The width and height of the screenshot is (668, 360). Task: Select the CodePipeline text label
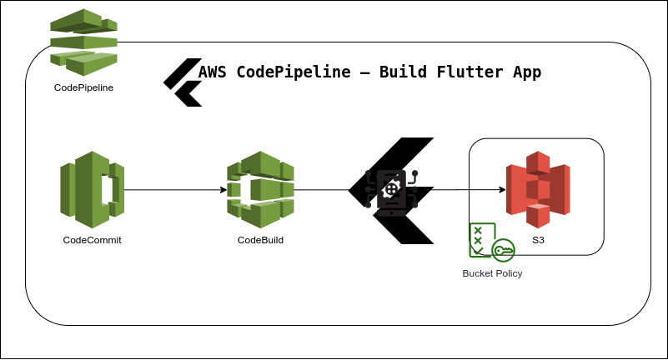[83, 87]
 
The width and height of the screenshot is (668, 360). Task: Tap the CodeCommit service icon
[92, 190]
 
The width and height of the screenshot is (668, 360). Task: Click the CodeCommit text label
[92, 240]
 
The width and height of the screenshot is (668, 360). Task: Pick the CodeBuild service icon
[260, 190]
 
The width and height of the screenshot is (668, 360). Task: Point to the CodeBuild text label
[260, 240]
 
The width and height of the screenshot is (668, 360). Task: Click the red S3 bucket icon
[538, 190]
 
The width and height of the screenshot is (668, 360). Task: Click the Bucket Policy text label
[492, 273]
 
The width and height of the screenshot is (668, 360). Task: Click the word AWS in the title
[213, 72]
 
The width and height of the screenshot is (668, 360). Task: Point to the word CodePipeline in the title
[293, 72]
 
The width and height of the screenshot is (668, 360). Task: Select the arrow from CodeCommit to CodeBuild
[175, 190]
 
